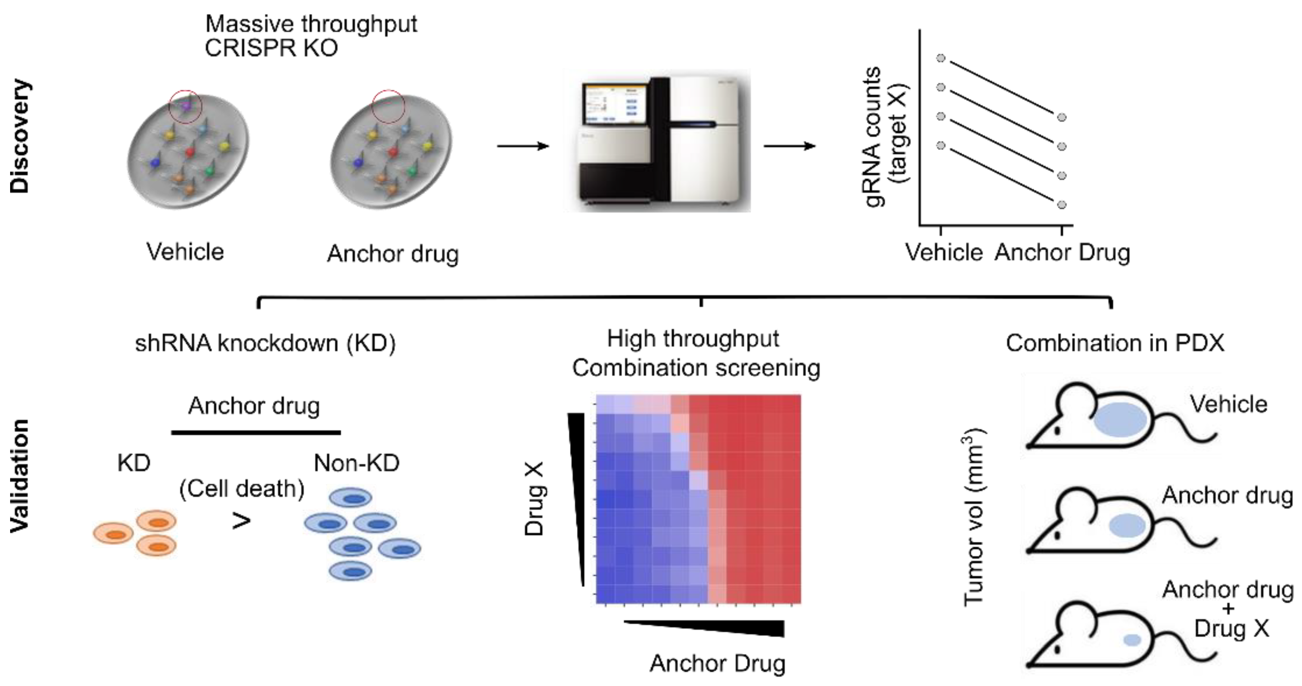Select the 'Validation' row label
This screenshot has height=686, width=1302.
coord(20,476)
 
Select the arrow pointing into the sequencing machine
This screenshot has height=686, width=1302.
coord(523,147)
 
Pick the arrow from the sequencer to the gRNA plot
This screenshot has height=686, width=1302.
coord(789,147)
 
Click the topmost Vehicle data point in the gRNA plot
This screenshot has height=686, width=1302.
coord(941,59)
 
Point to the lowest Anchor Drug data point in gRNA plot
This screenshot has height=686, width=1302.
coord(1062,205)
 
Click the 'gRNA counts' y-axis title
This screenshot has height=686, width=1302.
coord(873,137)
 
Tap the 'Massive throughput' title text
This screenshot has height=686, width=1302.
coord(311,24)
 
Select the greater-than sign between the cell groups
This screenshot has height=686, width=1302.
coord(241,521)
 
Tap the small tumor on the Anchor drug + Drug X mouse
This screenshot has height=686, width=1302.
coord(1132,640)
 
